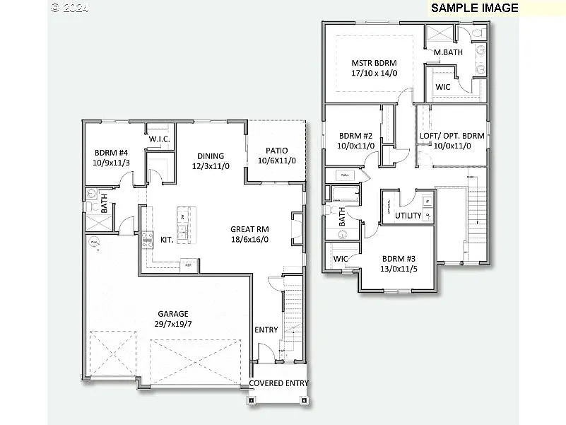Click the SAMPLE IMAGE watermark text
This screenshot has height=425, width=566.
coord(474,8)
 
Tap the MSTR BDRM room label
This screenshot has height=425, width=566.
coord(374,62)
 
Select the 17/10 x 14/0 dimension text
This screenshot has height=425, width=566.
coord(374,73)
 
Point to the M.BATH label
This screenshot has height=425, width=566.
coord(447,52)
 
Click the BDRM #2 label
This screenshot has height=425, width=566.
coord(355,135)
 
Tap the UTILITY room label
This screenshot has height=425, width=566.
coord(408,216)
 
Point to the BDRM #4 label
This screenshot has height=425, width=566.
coord(111,152)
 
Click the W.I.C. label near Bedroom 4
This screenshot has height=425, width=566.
coord(159,139)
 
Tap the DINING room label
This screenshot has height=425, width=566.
coord(211,156)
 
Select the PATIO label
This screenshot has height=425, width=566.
coord(276,151)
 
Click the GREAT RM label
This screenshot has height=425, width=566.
coord(249,229)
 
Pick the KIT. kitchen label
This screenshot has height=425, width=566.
coord(167,240)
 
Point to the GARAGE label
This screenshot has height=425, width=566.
coord(172,313)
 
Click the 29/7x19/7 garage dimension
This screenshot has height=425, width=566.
coord(172,324)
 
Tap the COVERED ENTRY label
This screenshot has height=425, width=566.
coord(278,383)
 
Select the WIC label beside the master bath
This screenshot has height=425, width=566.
coord(442,87)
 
